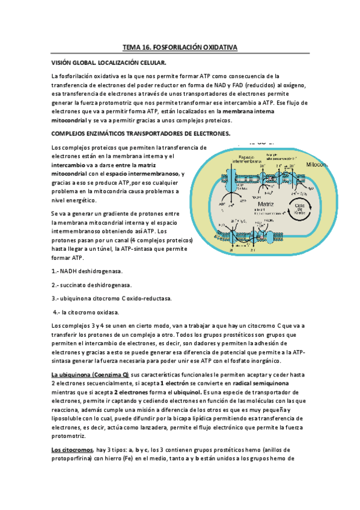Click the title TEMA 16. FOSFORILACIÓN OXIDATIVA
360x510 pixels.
tap(180, 46)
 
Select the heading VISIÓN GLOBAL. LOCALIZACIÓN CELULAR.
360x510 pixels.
tap(108, 63)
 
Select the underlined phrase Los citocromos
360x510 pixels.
tap(72, 450)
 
